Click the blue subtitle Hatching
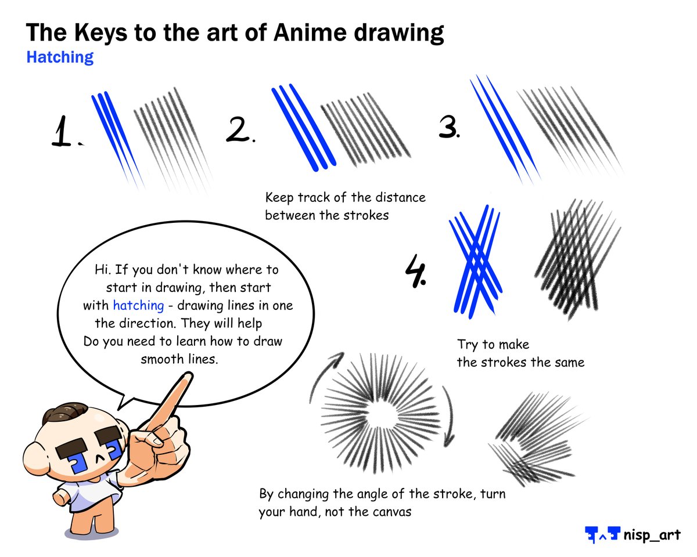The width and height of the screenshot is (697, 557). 60,57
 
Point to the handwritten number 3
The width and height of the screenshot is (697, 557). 448,125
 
